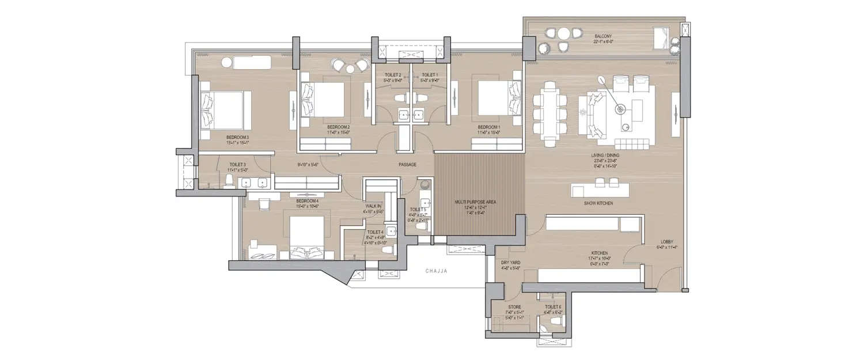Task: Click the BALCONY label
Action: pos(604,35)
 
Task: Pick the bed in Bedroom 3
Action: pos(224,109)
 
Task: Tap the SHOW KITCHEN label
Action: pos(598,204)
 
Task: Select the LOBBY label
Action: pos(668,241)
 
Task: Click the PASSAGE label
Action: pos(407,165)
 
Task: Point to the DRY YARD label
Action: pos(510,262)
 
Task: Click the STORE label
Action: pos(514,307)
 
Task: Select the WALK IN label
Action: pos(373,206)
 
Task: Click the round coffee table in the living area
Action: pos(622,108)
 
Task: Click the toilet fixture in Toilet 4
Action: pos(387,250)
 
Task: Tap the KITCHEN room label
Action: pos(600,253)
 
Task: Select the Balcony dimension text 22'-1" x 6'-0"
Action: pos(604,41)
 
